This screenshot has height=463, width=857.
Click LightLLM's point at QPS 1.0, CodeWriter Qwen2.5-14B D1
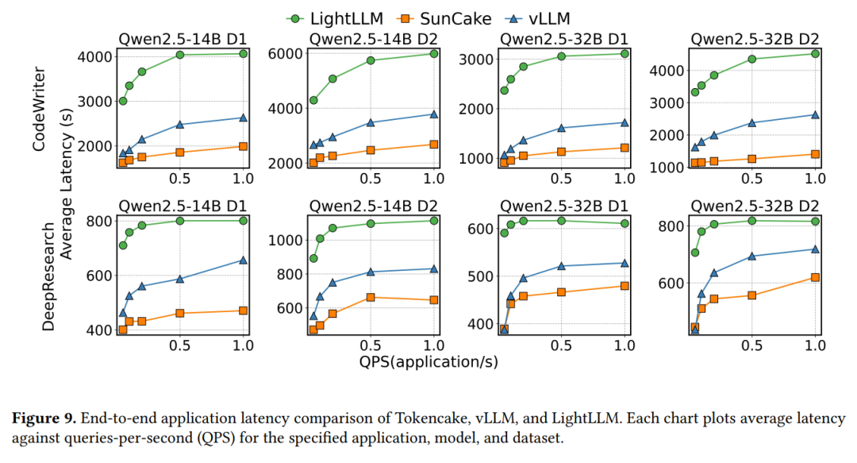pos(243,53)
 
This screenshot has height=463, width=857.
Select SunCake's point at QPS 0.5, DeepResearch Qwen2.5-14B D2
pos(370,297)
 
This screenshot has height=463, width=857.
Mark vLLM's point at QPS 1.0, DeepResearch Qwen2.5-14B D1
pos(243,260)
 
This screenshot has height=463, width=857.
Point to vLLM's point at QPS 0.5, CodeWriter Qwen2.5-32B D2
pos(751,122)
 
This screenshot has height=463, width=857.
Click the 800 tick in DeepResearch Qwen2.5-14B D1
pos(100,220)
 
